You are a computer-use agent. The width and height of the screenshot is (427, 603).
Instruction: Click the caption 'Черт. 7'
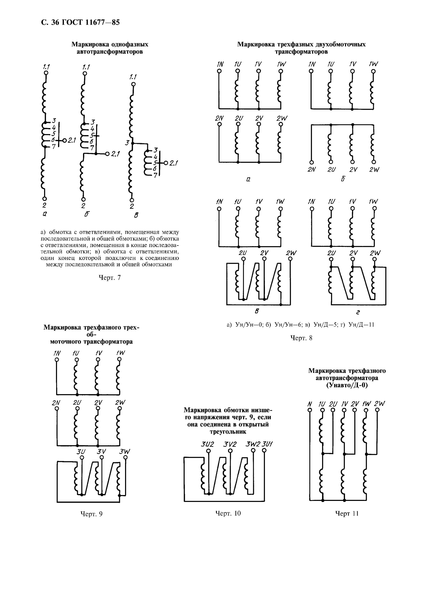pyautogui.click(x=109, y=278)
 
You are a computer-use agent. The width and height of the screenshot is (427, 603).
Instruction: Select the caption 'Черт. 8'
pyautogui.click(x=301, y=338)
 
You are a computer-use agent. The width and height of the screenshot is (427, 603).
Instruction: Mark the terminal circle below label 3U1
pyautogui.click(x=264, y=451)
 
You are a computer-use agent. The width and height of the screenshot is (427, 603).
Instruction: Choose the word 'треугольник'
pyautogui.click(x=228, y=432)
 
